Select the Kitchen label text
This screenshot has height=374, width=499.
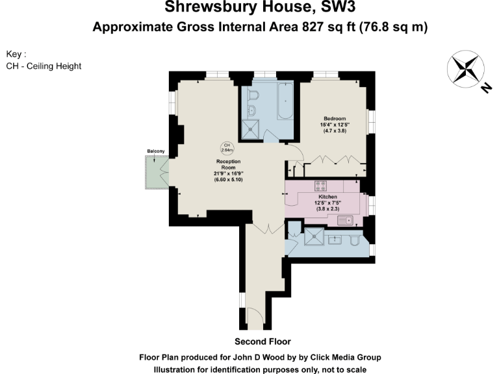point(327,197)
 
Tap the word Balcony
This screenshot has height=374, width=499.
point(155,151)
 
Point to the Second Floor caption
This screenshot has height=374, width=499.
point(262,342)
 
